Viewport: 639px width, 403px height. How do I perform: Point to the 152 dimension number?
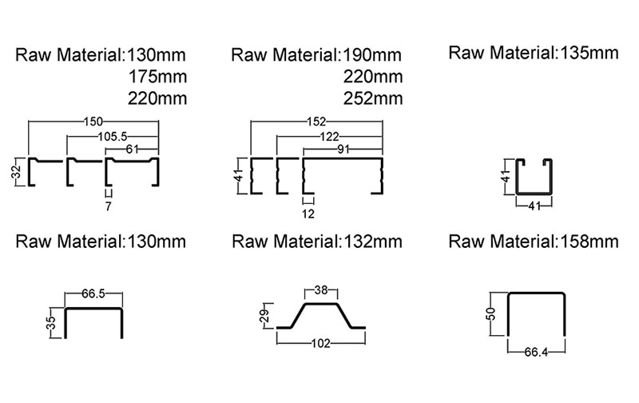click(316, 122)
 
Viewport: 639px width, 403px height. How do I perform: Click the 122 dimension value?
click(327, 137)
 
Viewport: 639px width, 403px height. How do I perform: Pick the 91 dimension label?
click(344, 150)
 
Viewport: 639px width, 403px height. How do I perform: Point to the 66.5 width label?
click(93, 295)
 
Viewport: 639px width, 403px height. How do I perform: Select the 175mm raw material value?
click(157, 78)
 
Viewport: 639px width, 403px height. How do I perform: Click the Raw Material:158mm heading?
click(534, 241)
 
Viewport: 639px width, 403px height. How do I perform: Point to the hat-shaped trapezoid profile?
click(321, 315)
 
